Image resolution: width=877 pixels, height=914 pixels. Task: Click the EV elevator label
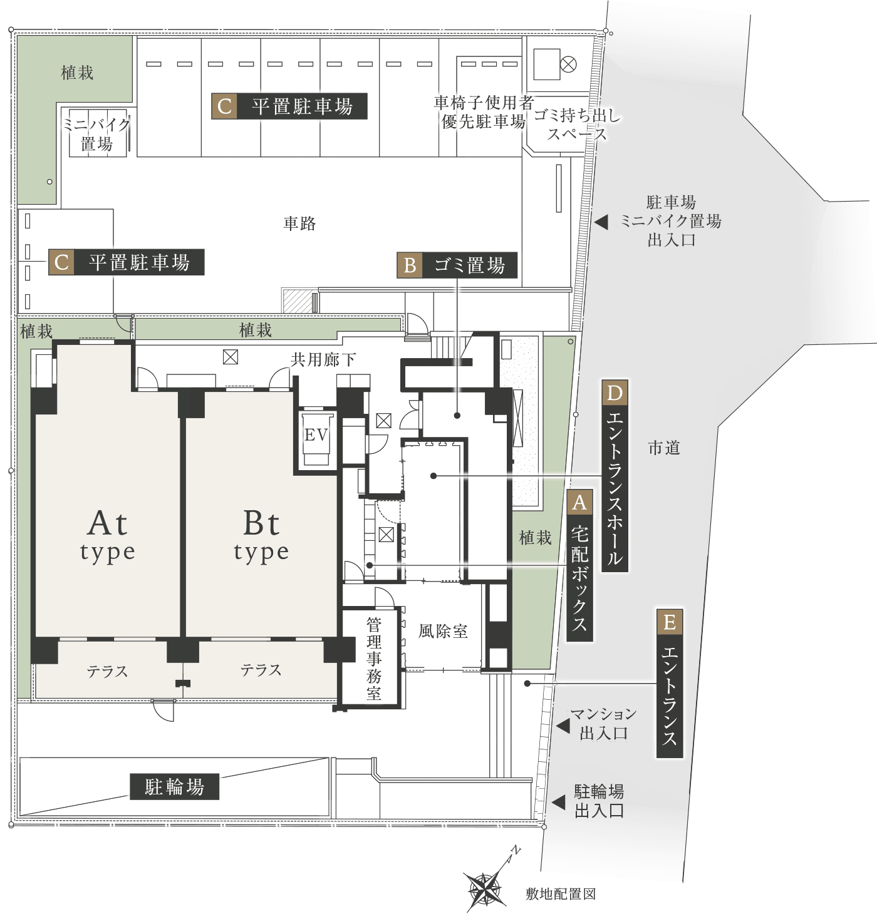click(316, 434)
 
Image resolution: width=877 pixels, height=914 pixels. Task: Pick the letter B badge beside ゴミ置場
click(410, 265)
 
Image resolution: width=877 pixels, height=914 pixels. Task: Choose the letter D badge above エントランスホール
click(615, 394)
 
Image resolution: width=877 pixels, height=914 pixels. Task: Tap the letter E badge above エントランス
click(669, 622)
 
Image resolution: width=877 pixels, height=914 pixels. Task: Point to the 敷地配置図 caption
click(560, 894)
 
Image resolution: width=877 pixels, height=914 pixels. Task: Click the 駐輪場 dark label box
click(175, 786)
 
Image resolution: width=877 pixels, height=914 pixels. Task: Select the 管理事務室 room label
click(374, 659)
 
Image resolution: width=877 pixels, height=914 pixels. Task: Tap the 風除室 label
click(443, 631)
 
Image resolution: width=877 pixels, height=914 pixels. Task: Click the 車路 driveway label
click(299, 223)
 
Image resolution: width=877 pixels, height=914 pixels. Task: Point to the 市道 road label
click(664, 448)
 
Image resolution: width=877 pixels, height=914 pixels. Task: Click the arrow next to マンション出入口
click(563, 726)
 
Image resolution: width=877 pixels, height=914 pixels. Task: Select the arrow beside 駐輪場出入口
click(557, 802)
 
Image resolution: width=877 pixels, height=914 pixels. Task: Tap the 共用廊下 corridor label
click(323, 359)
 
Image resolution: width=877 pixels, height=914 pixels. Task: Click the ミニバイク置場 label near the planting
click(96, 134)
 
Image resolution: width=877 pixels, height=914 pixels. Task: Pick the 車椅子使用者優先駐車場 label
click(483, 112)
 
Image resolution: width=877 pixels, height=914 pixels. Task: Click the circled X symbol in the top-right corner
click(568, 63)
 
